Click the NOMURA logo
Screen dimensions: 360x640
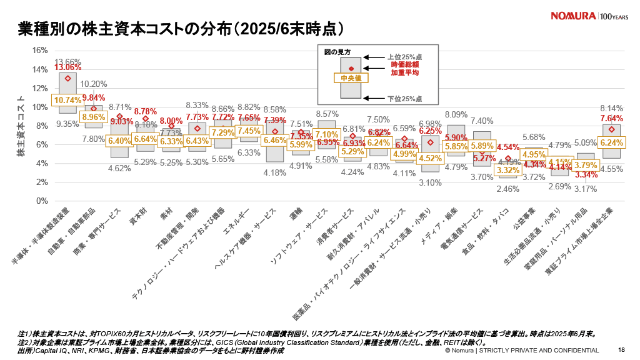coord(572,16)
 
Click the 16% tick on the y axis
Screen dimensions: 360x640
coord(40,51)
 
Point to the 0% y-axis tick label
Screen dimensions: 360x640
coord(42,201)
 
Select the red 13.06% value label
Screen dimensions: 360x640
coord(67,67)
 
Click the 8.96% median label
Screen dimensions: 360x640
coord(94,117)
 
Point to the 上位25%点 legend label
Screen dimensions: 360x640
coord(404,57)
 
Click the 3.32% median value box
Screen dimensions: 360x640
coord(508,170)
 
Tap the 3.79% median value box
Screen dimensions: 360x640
coord(586,165)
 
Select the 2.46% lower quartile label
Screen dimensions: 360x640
coord(508,188)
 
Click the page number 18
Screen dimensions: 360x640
coord(621,350)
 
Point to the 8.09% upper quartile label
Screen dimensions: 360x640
coord(456,114)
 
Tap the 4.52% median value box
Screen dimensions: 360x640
coord(431,158)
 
